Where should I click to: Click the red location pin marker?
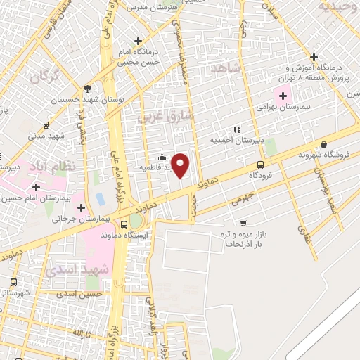click(x=181, y=165)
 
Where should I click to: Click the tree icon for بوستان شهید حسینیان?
click(x=87, y=89)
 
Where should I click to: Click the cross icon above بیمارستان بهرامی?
click(x=283, y=96)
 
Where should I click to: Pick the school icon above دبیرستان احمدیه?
click(x=236, y=129)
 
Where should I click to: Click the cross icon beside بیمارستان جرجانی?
click(x=82, y=208)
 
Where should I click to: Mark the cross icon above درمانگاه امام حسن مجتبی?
click(x=139, y=41)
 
